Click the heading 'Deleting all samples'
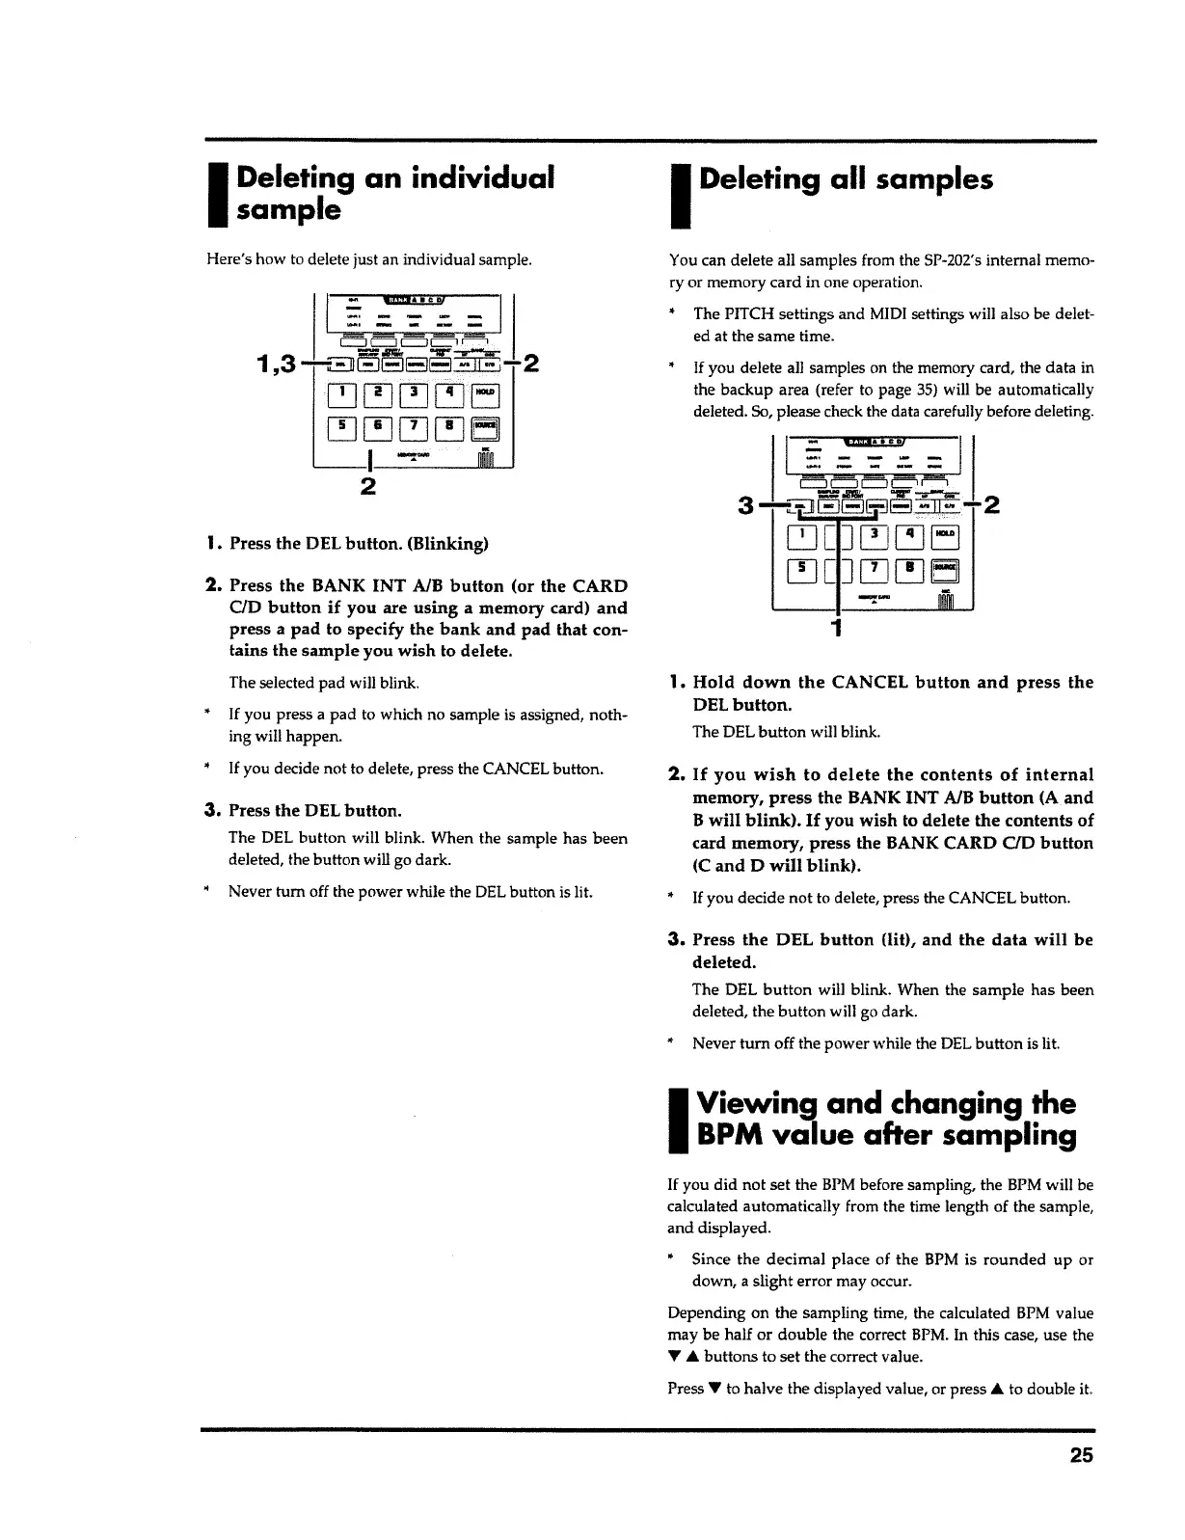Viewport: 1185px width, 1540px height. [x=845, y=180]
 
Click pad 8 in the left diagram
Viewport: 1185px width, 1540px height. [x=448, y=428]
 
